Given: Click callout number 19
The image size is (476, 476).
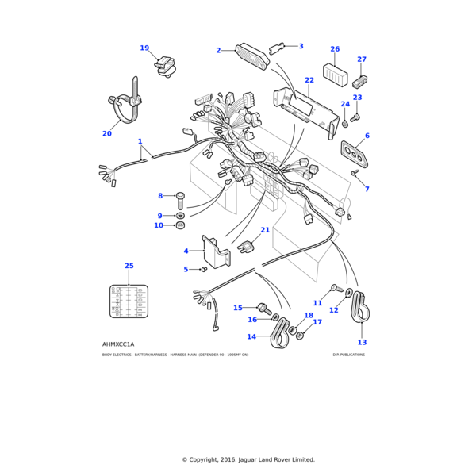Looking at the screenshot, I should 144,48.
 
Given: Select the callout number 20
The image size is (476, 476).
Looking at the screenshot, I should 107,134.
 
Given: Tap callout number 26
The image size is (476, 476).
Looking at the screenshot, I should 335,49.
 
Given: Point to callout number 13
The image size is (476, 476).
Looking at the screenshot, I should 362,342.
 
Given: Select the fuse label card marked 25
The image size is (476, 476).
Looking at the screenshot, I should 129,301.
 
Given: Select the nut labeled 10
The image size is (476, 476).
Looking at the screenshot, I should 180,225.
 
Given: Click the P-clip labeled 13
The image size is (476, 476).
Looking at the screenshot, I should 361,309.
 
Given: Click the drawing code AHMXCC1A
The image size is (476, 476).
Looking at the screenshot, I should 118,344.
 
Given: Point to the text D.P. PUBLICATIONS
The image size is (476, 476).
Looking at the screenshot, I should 349,355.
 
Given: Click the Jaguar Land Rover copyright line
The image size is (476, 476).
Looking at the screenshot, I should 248,459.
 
